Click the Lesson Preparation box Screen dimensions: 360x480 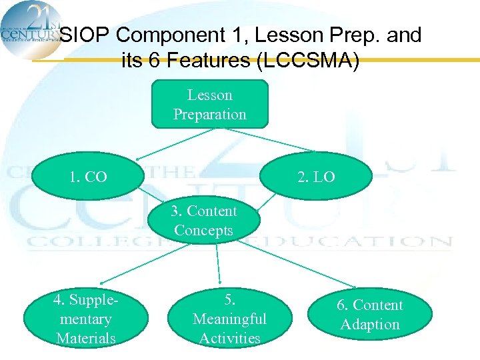pyautogui.click(x=209, y=104)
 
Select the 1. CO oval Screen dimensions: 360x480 pyautogui.click(x=88, y=177)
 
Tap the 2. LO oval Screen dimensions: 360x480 pyautogui.click(x=316, y=177)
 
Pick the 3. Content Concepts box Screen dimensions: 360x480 pyautogui.click(x=203, y=221)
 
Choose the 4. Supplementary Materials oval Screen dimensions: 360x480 pyautogui.click(x=85, y=319)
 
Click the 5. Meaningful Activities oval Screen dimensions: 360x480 pyautogui.click(x=229, y=319)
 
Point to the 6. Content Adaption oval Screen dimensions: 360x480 pyautogui.click(x=369, y=315)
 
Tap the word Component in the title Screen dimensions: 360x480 pyautogui.click(x=174, y=35)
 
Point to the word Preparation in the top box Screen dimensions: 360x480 pyautogui.click(x=209, y=114)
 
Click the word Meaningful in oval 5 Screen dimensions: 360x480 pyautogui.click(x=229, y=319)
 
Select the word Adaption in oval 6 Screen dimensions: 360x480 pyautogui.click(x=369, y=325)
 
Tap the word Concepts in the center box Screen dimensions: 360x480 pyautogui.click(x=203, y=231)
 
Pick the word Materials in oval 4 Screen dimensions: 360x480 pyautogui.click(x=85, y=338)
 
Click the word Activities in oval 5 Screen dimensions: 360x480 pyautogui.click(x=229, y=338)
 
